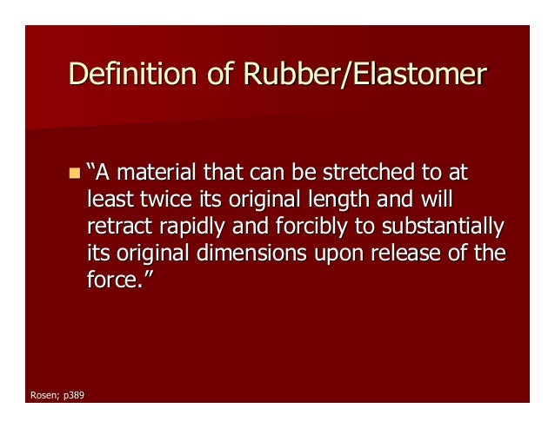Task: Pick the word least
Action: coord(110,199)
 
